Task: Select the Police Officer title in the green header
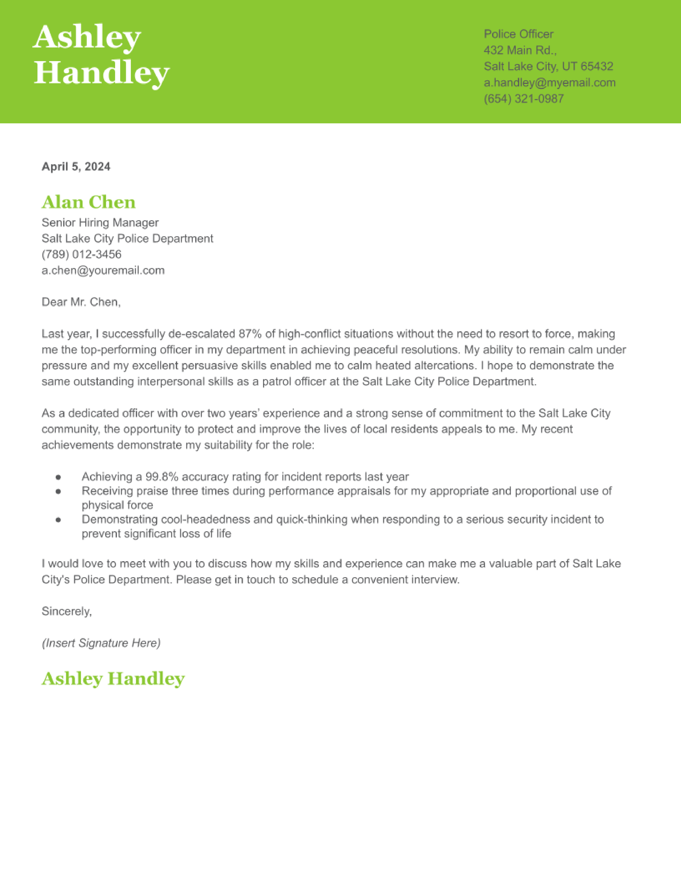(x=518, y=34)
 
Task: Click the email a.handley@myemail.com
(x=550, y=83)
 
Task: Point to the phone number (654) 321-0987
(x=524, y=99)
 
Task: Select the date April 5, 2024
(x=76, y=167)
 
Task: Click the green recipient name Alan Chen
(x=88, y=202)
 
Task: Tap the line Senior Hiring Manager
(x=100, y=223)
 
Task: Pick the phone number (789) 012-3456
(x=81, y=254)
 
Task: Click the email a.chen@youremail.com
(x=103, y=270)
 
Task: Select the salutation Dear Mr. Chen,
(x=81, y=302)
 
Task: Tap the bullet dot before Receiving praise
(x=58, y=491)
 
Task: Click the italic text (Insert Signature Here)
(x=101, y=643)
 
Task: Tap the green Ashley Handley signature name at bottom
(x=113, y=678)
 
